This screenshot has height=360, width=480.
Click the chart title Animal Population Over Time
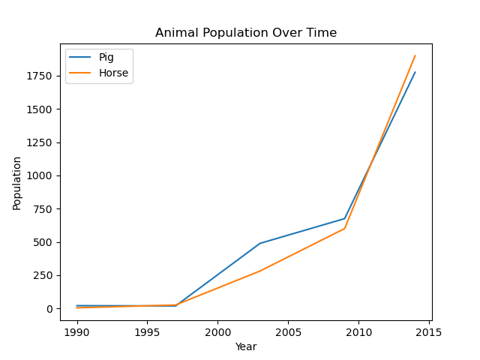point(246,33)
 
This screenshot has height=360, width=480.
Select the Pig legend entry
point(106,58)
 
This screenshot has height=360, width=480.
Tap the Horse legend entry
point(113,73)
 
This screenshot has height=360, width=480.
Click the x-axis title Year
point(246,346)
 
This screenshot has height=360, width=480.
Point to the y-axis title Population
point(17,183)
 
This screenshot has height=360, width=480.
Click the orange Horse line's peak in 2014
point(415,55)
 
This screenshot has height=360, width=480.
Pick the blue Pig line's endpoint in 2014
point(415,72)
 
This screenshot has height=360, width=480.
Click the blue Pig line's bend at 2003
point(260,243)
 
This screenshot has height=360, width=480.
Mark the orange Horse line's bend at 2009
point(344,229)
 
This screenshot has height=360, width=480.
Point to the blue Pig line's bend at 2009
point(344,219)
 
